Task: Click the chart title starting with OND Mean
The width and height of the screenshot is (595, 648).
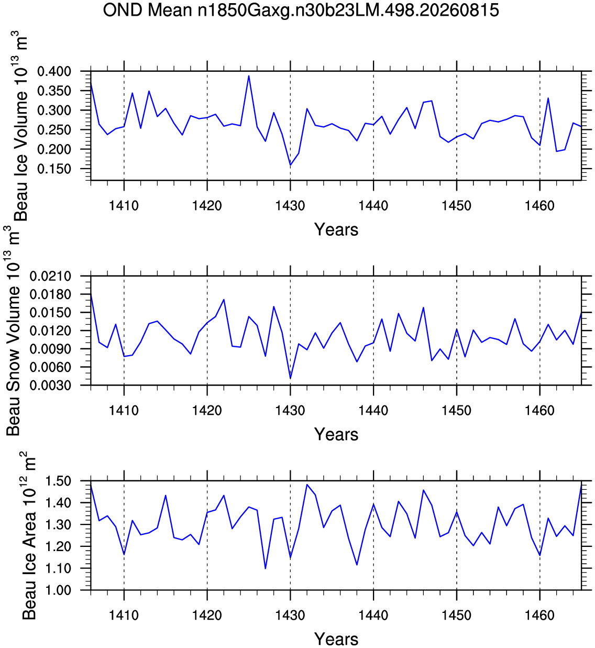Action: click(x=301, y=10)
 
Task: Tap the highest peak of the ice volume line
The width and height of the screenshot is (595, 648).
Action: click(x=249, y=76)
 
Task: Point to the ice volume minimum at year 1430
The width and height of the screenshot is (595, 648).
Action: click(x=290, y=165)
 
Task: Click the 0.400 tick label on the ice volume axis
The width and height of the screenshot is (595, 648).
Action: click(x=54, y=71)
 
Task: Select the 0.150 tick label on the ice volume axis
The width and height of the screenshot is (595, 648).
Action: click(x=54, y=169)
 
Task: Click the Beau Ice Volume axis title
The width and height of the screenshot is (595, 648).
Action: click(x=20, y=126)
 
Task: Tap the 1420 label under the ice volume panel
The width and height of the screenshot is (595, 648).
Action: click(x=207, y=205)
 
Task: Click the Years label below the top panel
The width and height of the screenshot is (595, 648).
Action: click(x=336, y=229)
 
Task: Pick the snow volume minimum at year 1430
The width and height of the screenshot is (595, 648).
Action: click(x=290, y=378)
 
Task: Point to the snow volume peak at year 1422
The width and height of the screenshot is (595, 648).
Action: click(x=224, y=300)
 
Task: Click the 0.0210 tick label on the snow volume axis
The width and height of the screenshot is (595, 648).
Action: click(x=50, y=277)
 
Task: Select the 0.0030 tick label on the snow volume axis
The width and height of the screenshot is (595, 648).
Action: click(x=50, y=386)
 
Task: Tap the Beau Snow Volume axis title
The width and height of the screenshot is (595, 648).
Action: click(x=13, y=331)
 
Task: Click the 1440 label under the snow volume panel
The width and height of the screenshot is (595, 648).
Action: click(x=373, y=410)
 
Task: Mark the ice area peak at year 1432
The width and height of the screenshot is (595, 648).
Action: click(x=307, y=485)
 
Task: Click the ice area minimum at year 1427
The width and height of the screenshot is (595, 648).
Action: click(x=266, y=568)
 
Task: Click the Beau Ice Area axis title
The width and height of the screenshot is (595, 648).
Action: click(x=28, y=535)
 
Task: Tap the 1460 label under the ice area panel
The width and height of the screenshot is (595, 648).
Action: click(x=540, y=616)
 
